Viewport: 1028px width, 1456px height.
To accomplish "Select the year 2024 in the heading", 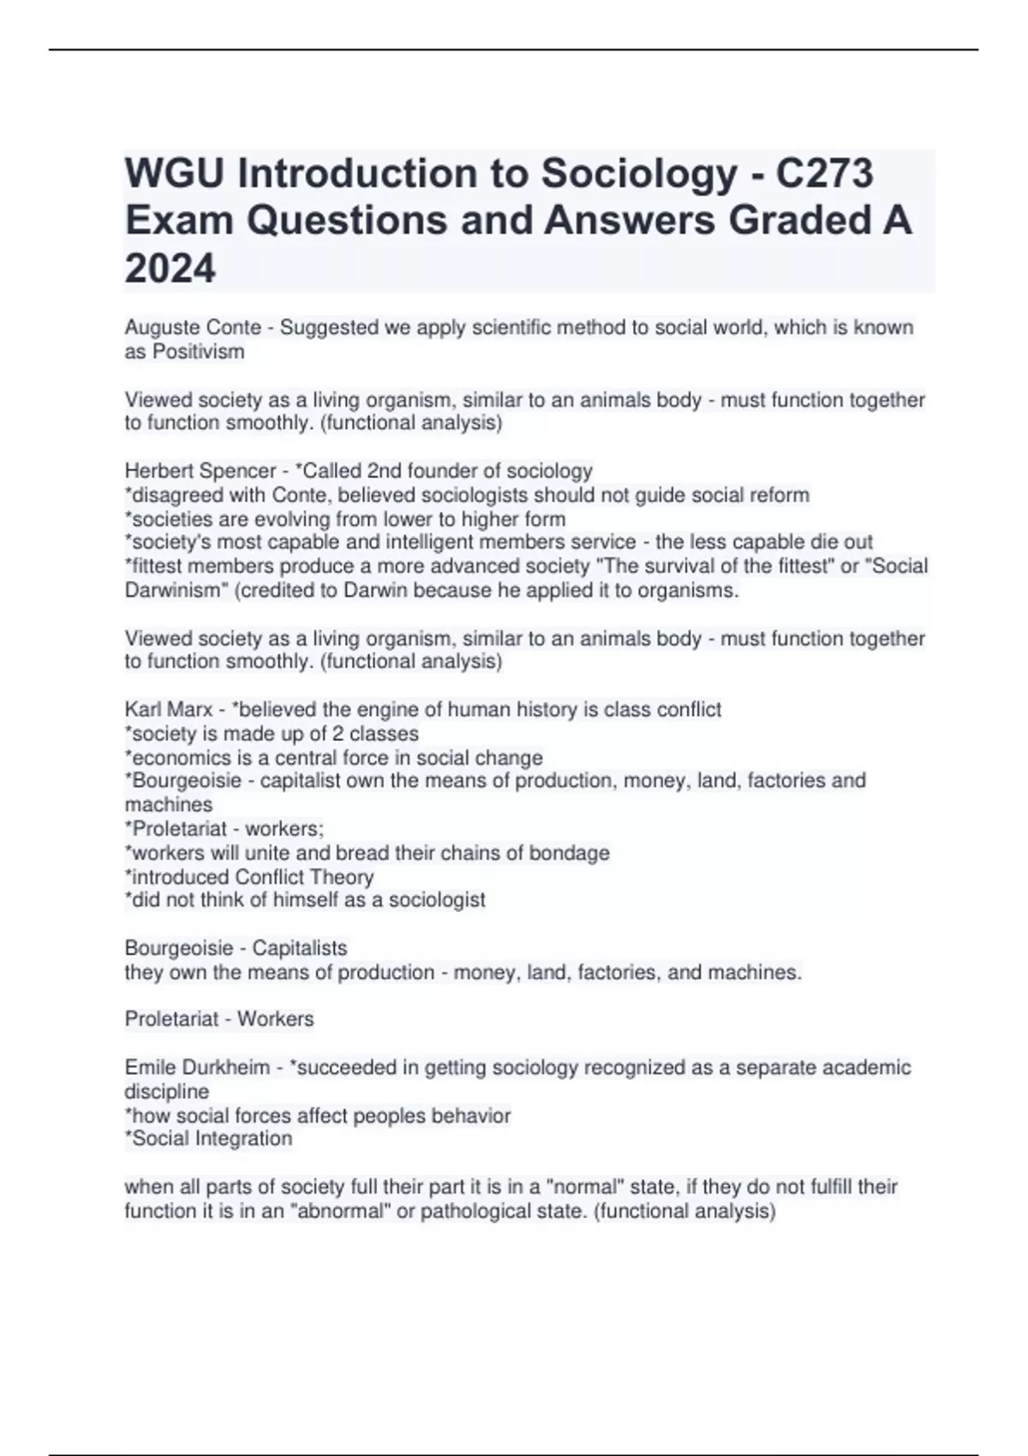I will pyautogui.click(x=170, y=269).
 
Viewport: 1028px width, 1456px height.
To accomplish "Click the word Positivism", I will pyautogui.click(x=198, y=352).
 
